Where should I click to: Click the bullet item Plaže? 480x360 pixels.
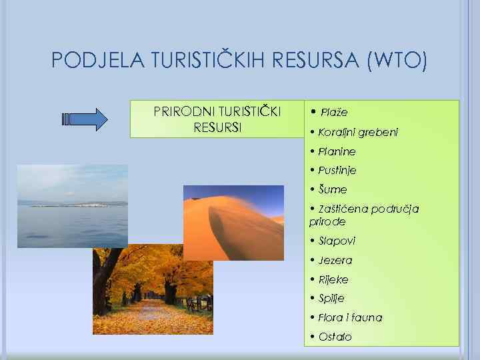[x=334, y=112]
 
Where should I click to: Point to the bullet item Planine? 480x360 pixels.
[x=337, y=151]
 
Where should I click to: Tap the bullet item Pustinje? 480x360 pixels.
[x=337, y=171]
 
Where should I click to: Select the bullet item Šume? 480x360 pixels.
[x=332, y=190]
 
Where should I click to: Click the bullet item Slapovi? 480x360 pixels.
[x=337, y=241]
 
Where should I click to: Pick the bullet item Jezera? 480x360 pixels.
[x=335, y=260]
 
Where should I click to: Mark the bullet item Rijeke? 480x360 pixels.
[x=333, y=279]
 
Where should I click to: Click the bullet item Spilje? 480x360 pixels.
[x=331, y=299]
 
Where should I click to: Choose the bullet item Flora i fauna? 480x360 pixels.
[x=350, y=318]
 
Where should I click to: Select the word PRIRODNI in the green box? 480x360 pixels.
[x=179, y=111]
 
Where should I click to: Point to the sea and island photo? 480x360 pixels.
[x=71, y=206]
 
